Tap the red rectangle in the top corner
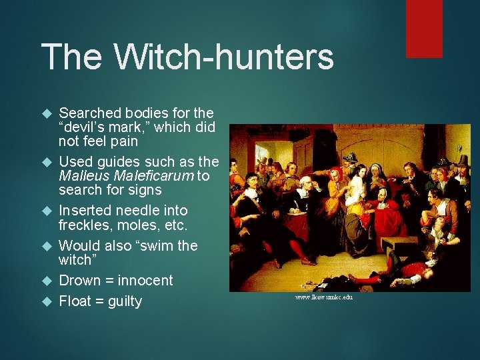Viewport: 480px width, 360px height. [x=425, y=28]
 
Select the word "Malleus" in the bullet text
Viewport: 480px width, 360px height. [x=83, y=176]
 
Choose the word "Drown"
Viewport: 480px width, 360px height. [x=79, y=280]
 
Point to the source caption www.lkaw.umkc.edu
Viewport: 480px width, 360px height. [x=323, y=297]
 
